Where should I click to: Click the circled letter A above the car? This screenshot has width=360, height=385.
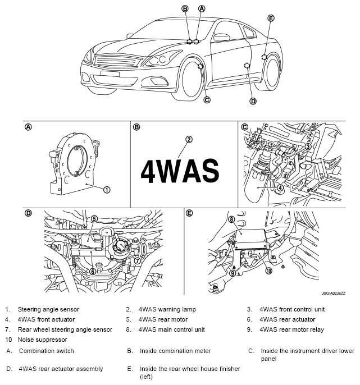(202, 8)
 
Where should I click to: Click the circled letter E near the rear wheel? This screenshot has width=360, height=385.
(271, 18)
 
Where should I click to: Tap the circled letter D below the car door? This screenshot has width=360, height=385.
(253, 101)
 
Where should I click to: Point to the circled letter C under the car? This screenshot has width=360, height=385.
(207, 100)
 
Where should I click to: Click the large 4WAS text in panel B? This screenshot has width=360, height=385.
(179, 169)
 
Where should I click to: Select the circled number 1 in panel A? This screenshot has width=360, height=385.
(107, 190)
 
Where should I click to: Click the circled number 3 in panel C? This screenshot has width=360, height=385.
(308, 146)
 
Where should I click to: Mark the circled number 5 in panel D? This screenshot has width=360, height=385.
(94, 218)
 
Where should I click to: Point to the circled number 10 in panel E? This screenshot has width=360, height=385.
(269, 270)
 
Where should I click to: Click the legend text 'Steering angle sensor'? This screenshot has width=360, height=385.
(48, 309)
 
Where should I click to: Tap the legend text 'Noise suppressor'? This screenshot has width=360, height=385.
(42, 340)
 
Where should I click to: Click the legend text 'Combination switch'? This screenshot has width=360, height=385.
(46, 351)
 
